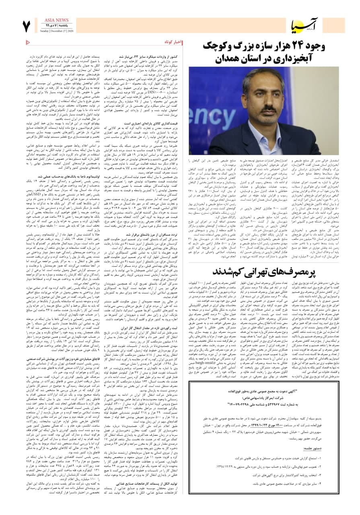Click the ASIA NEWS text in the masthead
pos(53,19)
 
